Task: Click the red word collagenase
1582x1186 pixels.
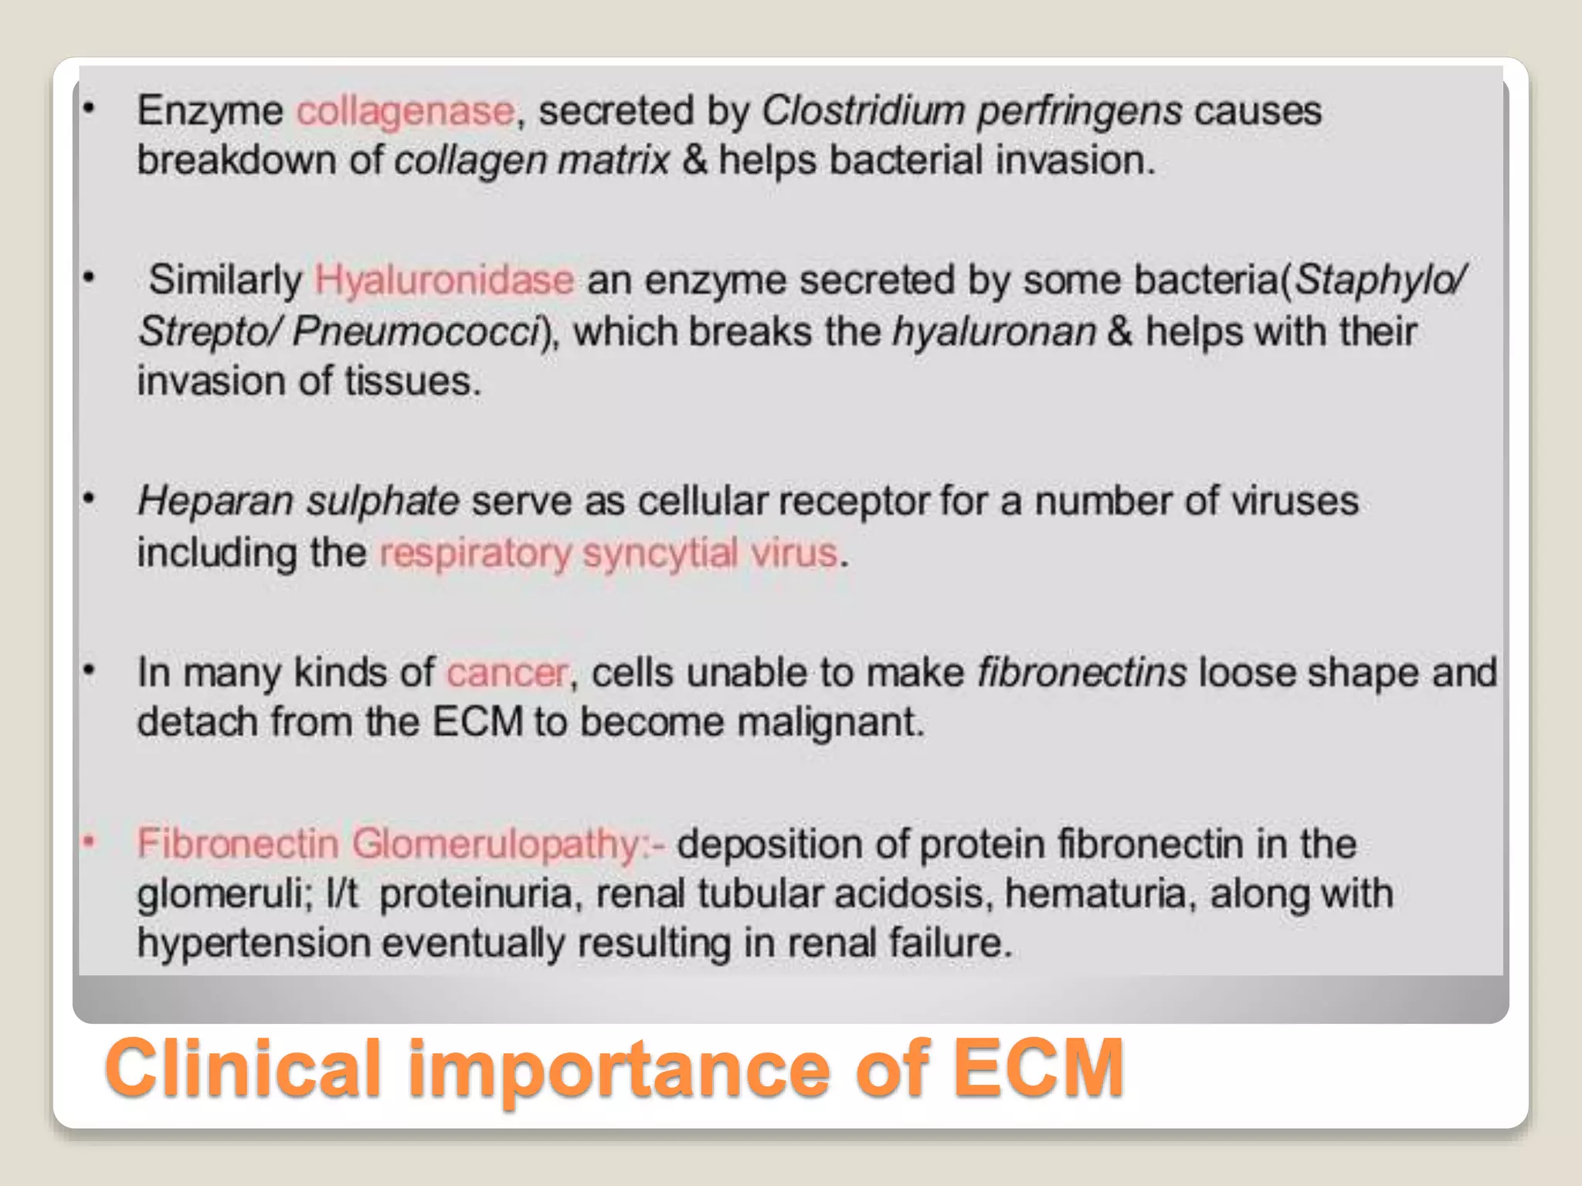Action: [x=406, y=111]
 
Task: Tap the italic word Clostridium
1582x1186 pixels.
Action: [x=863, y=110]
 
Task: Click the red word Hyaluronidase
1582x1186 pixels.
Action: [x=444, y=280]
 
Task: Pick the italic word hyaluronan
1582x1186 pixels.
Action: [x=994, y=332]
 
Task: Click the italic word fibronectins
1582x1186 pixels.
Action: [x=1081, y=672]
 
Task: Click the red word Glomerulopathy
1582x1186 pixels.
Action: [x=497, y=844]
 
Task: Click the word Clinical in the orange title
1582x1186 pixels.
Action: [x=244, y=1069]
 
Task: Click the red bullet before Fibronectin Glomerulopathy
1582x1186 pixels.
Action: [x=90, y=841]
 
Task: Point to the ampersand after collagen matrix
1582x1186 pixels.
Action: [x=694, y=161]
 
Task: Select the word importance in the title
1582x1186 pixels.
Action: [x=618, y=1070]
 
